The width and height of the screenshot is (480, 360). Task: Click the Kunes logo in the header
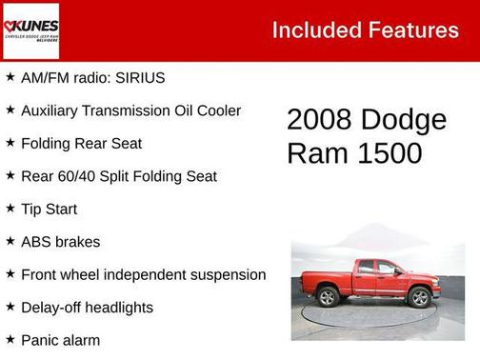[x=31, y=30]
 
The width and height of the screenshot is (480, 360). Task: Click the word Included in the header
[x=314, y=30]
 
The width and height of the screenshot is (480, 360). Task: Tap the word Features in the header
[x=411, y=30]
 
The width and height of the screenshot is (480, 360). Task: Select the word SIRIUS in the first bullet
[x=140, y=77]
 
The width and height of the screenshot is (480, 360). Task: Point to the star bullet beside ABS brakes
[x=10, y=241]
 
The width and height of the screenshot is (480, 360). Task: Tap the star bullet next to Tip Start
[x=10, y=209]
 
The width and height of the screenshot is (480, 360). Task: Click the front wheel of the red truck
[x=418, y=297]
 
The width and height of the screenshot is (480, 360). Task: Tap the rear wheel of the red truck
[x=329, y=297]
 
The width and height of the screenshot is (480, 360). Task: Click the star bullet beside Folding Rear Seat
[x=10, y=143]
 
